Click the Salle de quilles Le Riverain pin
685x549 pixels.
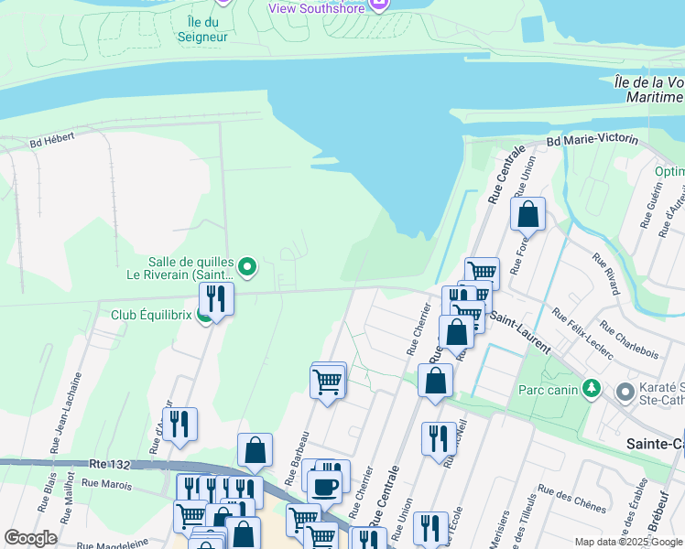click(248, 267)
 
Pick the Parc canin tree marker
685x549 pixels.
click(592, 388)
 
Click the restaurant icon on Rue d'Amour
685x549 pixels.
click(179, 424)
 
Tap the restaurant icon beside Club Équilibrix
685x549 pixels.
click(217, 297)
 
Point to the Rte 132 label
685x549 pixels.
click(111, 465)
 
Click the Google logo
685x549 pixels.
click(30, 538)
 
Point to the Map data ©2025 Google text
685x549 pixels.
click(627, 542)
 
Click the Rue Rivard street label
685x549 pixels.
click(606, 274)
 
